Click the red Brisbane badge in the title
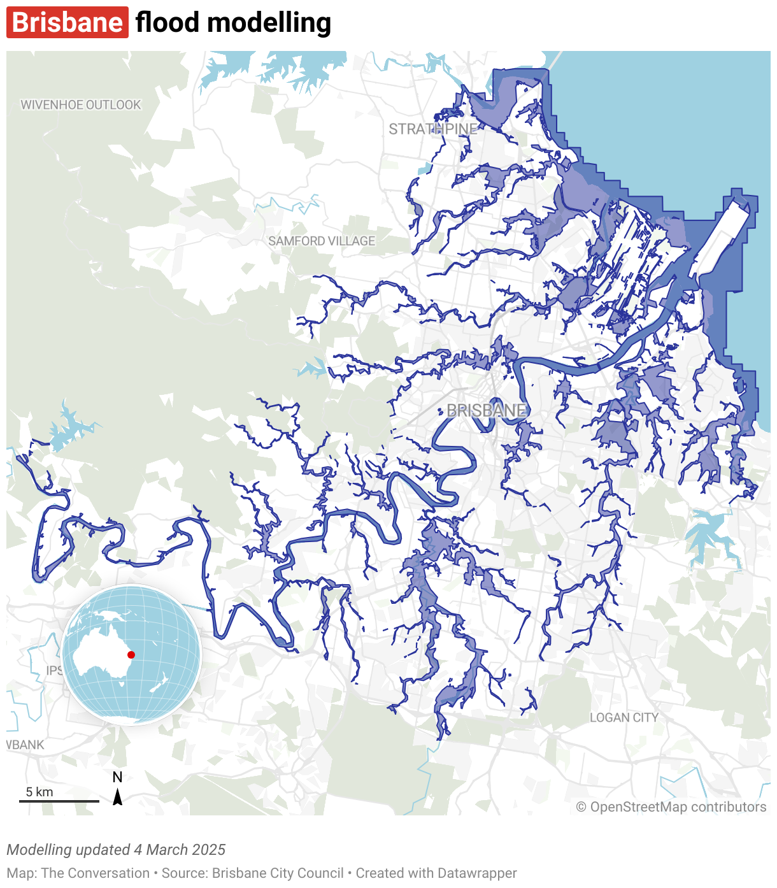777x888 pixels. pyautogui.click(x=68, y=23)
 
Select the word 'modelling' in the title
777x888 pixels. pyautogui.click(x=269, y=24)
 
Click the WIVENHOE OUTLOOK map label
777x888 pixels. pyautogui.click(x=81, y=105)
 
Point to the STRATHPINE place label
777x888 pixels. pyautogui.click(x=433, y=129)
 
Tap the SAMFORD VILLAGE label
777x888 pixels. pyautogui.click(x=322, y=241)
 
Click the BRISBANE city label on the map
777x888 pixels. pyautogui.click(x=487, y=411)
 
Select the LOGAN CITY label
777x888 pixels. pyautogui.click(x=624, y=718)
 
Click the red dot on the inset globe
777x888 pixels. pyautogui.click(x=131, y=655)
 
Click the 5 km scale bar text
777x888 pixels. pyautogui.click(x=39, y=792)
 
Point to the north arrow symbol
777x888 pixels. pyautogui.click(x=118, y=798)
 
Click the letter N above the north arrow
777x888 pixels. pyautogui.click(x=117, y=777)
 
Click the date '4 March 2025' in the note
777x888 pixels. pyautogui.click(x=180, y=850)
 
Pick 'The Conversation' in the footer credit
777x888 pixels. pyautogui.click(x=96, y=873)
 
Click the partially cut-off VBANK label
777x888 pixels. pyautogui.click(x=25, y=745)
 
